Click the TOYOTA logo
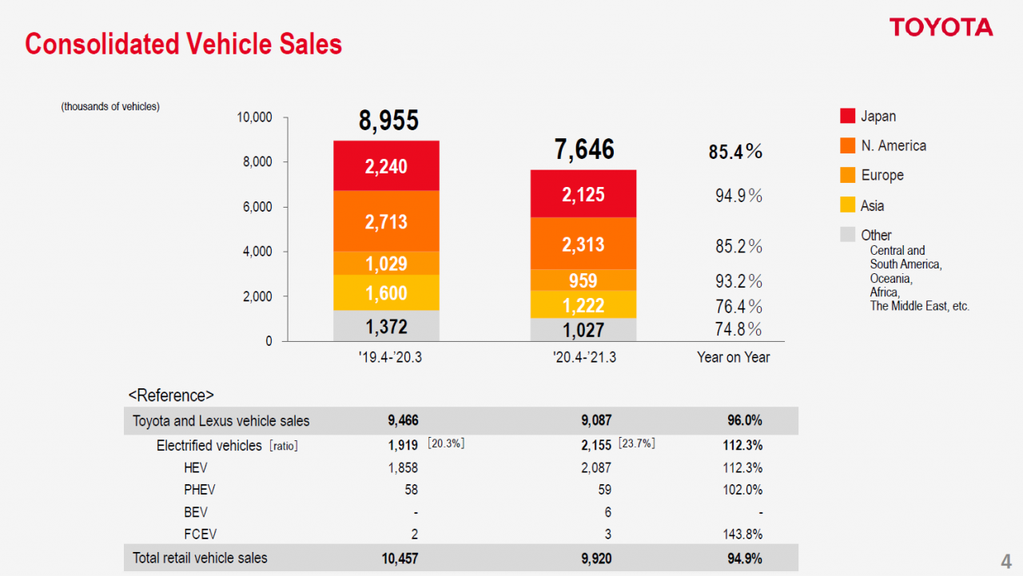click(941, 28)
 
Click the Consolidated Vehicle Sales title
click(183, 44)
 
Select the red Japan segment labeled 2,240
click(386, 166)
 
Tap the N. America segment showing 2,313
click(583, 244)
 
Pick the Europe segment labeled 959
click(583, 280)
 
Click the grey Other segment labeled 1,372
click(386, 326)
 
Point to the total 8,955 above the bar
click(388, 121)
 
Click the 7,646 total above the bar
click(584, 149)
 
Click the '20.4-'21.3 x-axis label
click(584, 358)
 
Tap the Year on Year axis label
click(733, 358)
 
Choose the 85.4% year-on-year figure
click(735, 152)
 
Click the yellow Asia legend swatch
click(848, 205)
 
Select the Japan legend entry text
click(878, 117)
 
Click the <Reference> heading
click(171, 395)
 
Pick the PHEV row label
click(199, 490)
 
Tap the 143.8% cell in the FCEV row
click(742, 534)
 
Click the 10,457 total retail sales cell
click(400, 558)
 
